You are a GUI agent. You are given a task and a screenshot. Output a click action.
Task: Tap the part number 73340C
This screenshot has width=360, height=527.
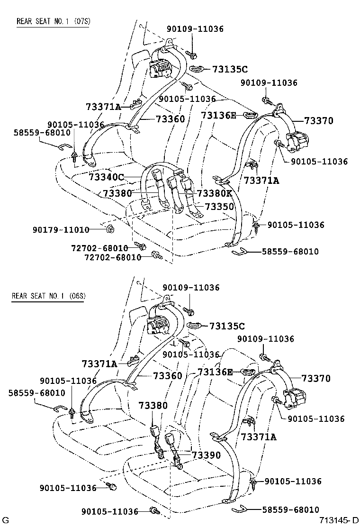click(x=107, y=177)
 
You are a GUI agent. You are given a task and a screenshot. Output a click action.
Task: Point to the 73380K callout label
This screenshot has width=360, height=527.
click(x=215, y=193)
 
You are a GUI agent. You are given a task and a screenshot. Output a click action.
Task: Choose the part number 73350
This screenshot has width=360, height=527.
click(x=219, y=207)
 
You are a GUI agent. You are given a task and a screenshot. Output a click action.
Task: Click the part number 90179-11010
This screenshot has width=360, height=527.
click(x=61, y=230)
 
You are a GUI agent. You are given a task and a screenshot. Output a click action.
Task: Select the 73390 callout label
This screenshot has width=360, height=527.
click(x=207, y=455)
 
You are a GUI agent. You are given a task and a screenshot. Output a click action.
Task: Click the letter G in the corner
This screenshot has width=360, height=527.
click(x=5, y=520)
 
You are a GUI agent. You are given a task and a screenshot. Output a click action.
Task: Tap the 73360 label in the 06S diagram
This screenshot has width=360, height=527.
click(x=168, y=376)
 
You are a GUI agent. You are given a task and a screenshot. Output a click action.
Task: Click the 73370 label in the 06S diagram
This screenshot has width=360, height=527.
click(x=316, y=379)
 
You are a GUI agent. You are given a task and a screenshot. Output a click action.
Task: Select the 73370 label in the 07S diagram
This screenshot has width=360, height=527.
click(x=318, y=121)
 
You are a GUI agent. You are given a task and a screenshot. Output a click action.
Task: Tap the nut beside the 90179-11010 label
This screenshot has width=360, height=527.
click(x=109, y=230)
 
